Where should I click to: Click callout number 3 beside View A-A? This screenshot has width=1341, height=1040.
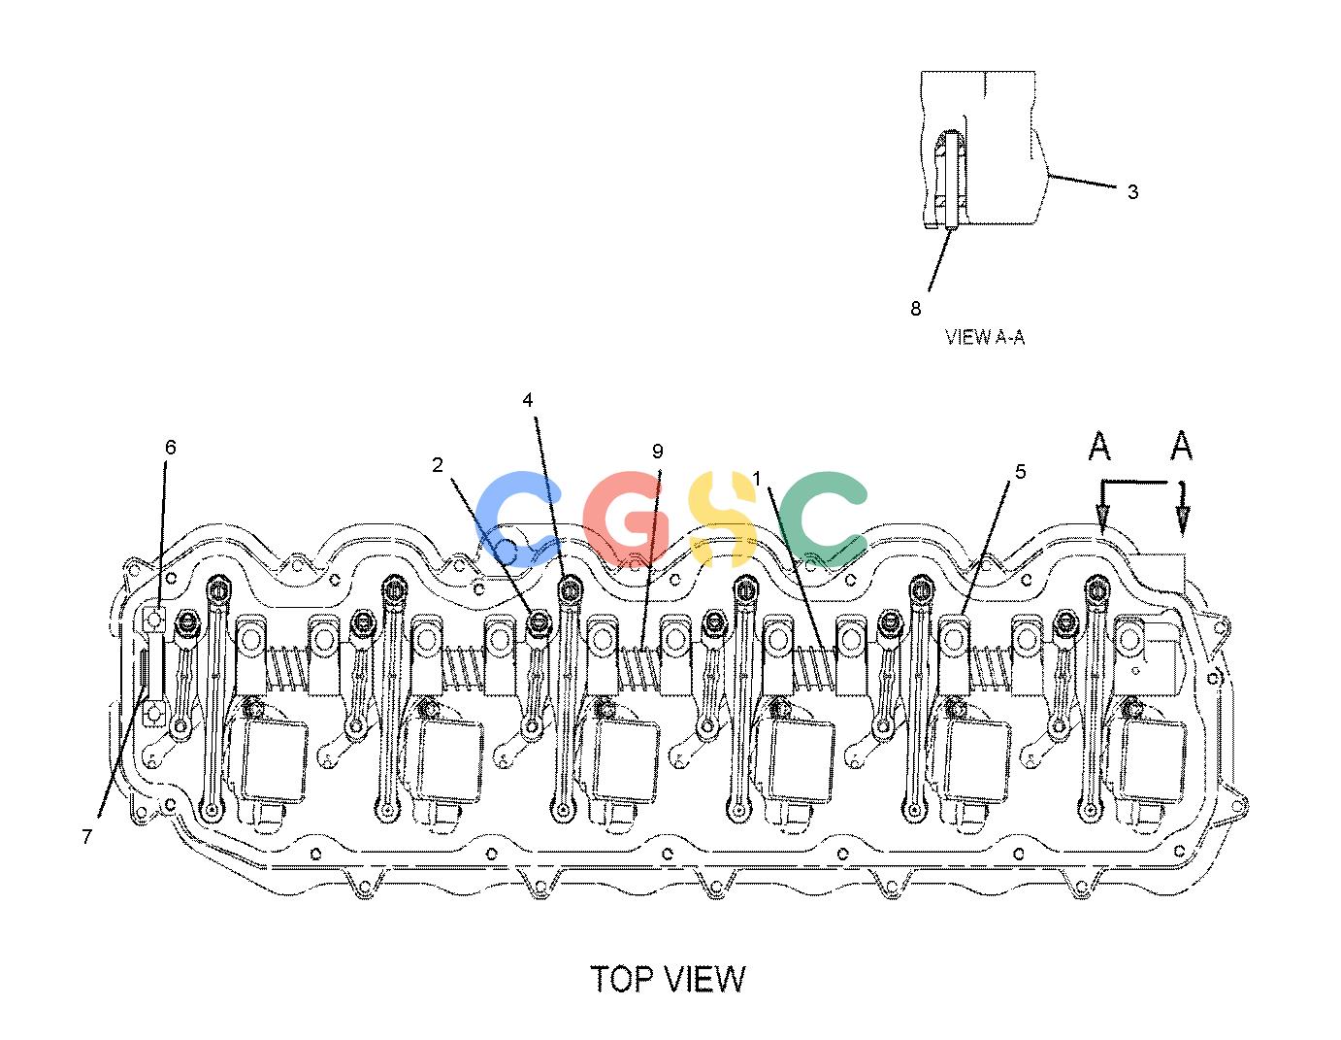coord(1132,191)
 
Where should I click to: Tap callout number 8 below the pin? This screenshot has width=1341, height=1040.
coord(916,308)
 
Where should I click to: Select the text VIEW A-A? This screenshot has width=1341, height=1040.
coord(985,337)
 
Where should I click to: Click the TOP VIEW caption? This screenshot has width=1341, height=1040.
coord(668,979)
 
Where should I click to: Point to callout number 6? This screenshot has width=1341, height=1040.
coord(171,447)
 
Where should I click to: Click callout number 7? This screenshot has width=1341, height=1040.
coord(87,836)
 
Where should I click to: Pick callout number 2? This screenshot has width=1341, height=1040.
coord(438,465)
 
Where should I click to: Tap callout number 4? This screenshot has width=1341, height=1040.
coord(528,400)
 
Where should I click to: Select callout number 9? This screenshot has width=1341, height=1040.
coord(658,452)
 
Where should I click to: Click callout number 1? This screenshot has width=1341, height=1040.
coord(757,478)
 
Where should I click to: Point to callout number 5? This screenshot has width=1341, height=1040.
coord(1021,472)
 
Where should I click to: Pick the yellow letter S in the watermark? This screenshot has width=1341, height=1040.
coord(722,519)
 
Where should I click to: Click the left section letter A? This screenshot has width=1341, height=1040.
coord(1099,446)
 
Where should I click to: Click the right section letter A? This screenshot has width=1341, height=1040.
coord(1181,446)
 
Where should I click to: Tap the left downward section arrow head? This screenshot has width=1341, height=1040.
coord(1102,520)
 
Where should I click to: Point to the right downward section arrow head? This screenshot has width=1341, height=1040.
coord(1183,520)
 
